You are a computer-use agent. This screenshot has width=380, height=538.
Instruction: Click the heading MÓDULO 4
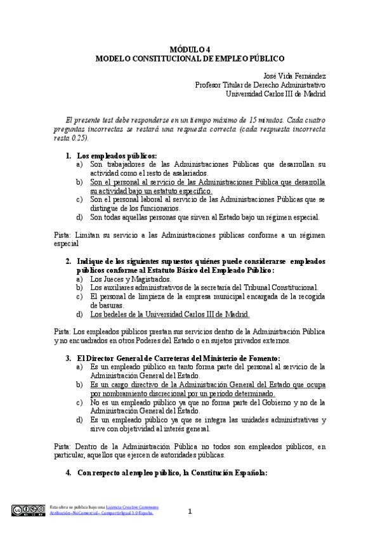[190, 48]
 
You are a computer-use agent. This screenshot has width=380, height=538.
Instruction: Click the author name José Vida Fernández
[293, 75]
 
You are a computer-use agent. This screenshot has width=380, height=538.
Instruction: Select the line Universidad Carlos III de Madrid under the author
[276, 94]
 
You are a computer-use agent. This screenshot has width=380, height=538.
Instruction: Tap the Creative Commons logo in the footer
[27, 509]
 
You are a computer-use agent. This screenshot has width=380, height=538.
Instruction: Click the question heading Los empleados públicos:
[116, 155]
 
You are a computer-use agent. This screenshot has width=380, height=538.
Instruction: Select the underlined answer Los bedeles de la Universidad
[169, 314]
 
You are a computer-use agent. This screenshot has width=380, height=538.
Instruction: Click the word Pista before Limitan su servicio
[62, 235]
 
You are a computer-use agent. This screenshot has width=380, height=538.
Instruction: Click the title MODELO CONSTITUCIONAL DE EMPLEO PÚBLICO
[190, 57]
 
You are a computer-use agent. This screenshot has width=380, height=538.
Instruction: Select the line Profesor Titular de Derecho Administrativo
[260, 84]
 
